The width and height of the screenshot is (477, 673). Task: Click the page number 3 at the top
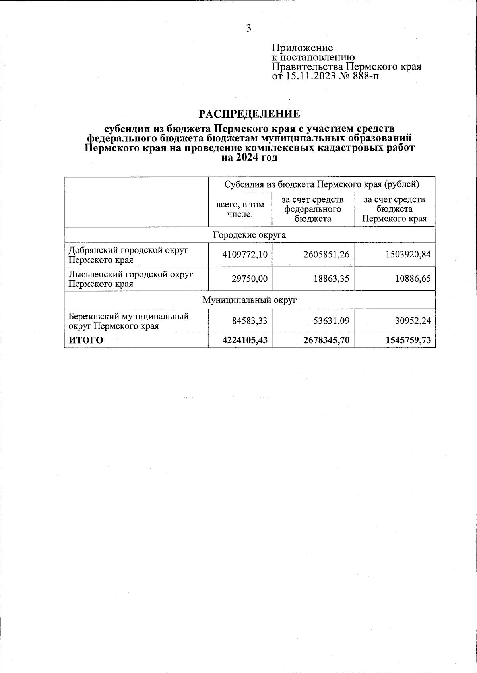(248, 28)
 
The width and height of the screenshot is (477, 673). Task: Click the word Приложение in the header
(302, 48)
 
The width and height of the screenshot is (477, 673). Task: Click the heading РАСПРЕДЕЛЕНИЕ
(249, 114)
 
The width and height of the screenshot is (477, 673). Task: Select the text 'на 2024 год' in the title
(249, 157)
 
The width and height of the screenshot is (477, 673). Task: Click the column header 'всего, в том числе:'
(240, 209)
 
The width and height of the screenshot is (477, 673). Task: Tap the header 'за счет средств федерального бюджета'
(313, 209)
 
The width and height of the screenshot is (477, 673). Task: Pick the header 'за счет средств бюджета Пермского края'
(394, 209)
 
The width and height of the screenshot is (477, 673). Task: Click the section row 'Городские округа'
(249, 235)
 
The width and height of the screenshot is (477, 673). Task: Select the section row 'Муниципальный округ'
(249, 300)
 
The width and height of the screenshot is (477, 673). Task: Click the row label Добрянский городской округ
(128, 255)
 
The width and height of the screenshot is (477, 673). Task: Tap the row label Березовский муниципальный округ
(128, 321)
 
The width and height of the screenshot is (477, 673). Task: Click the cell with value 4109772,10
(244, 255)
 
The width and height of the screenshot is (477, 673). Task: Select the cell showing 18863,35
(331, 279)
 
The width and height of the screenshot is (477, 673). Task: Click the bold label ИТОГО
(86, 340)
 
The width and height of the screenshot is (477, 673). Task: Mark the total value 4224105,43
(244, 340)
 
